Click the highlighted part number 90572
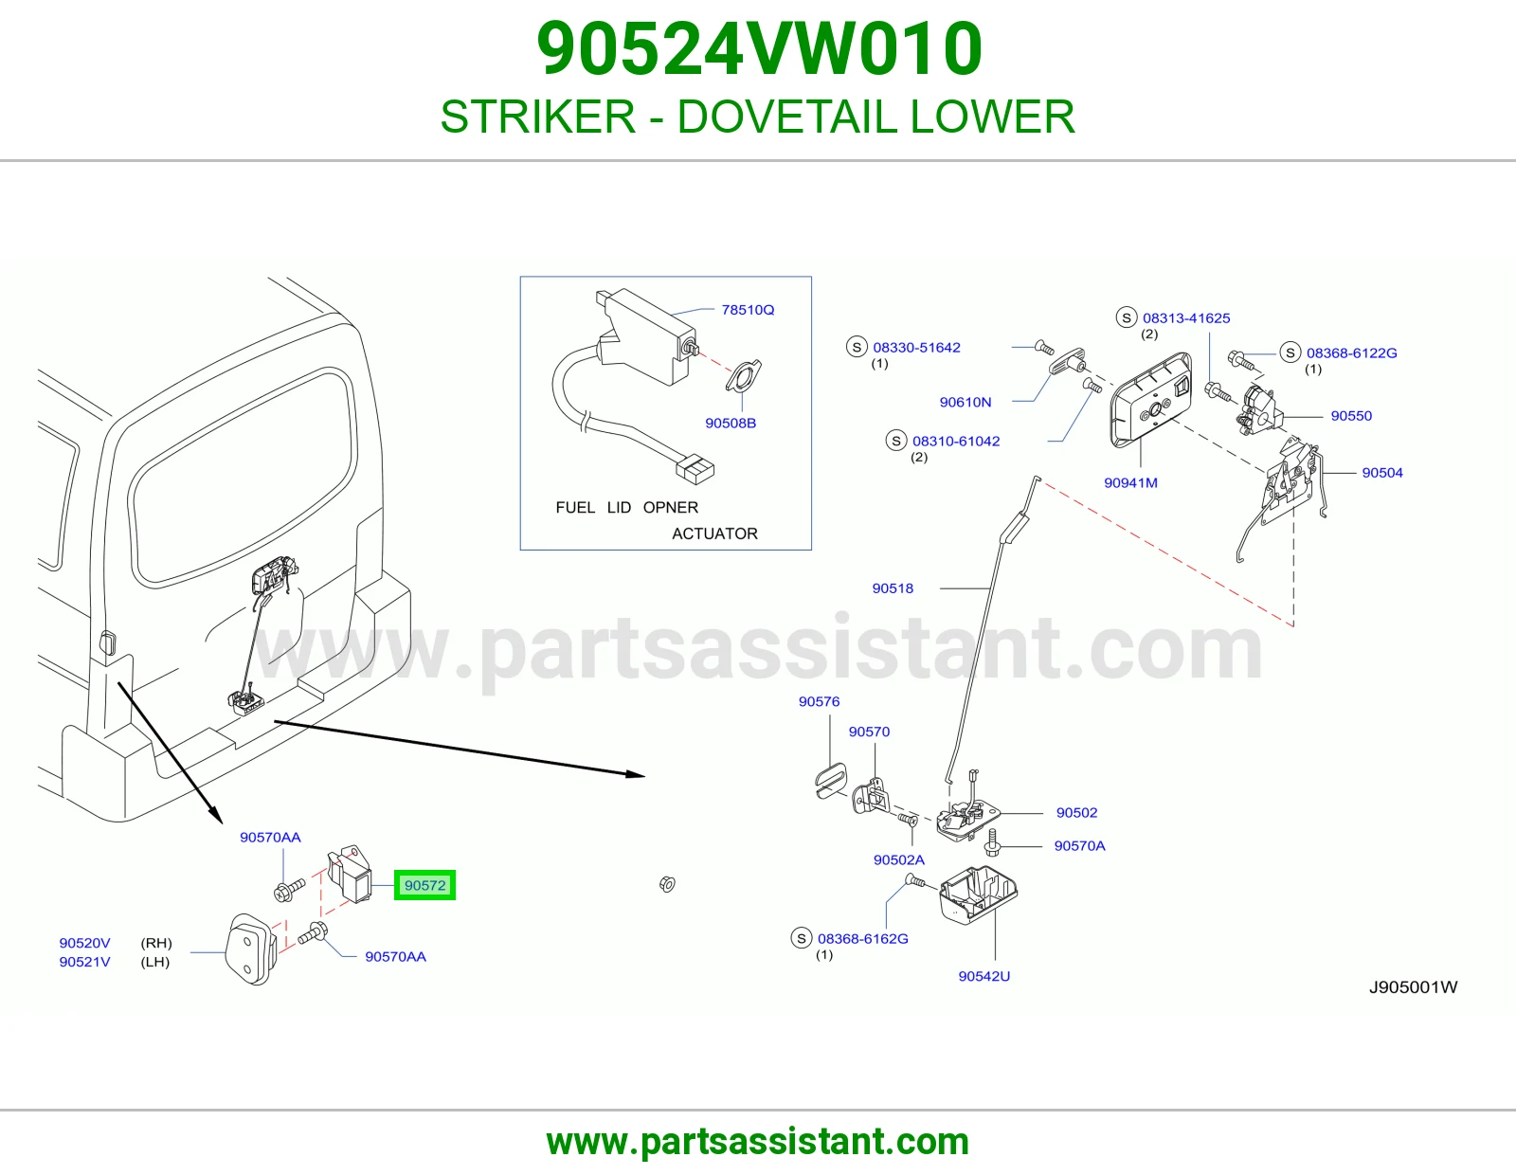424,885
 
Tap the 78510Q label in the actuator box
748,310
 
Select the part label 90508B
730,423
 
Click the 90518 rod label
893,588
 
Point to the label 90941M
1130,483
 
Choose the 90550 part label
1350,416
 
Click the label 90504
1382,473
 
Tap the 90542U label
984,976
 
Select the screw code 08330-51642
916,348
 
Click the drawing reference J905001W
1413,986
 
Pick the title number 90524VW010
759,48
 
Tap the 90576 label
819,701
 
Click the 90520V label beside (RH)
84,943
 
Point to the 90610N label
965,402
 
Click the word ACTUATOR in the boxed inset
714,533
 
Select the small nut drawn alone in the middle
667,884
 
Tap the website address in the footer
758,1142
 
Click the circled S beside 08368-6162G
802,938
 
